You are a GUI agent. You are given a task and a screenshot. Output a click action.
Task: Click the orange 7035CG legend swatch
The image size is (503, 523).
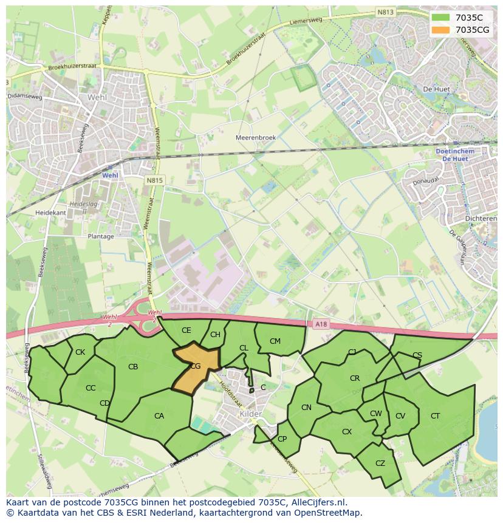[441, 30]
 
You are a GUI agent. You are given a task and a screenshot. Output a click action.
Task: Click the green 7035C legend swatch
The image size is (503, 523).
[441, 18]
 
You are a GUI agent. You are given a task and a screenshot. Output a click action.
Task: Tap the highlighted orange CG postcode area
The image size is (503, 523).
[194, 367]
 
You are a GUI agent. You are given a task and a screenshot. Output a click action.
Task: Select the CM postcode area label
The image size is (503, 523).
[275, 341]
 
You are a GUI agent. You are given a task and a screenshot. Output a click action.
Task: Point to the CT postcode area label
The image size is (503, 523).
[435, 416]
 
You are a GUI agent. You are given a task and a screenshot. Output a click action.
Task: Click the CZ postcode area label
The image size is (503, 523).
[380, 463]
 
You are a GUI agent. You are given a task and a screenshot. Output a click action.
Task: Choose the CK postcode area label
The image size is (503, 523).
[80, 352]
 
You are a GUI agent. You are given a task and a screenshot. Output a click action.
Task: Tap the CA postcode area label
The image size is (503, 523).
[159, 416]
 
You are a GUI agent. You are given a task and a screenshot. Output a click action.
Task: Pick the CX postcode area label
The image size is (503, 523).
[347, 432]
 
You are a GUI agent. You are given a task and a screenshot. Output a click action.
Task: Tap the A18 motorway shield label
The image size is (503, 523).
[321, 324]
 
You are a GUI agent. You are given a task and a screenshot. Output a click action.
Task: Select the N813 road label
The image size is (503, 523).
[385, 12]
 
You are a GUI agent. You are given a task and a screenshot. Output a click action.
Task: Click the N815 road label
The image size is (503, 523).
[155, 180]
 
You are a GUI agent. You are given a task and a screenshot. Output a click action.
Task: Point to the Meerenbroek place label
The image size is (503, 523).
[256, 138]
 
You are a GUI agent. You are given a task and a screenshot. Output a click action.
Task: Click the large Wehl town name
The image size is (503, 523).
[97, 97]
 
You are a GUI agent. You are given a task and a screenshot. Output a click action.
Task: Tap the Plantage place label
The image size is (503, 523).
[101, 236]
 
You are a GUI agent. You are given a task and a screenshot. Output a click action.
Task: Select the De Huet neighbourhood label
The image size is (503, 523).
[436, 89]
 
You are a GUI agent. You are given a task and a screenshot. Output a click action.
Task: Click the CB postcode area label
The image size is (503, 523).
[133, 367]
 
